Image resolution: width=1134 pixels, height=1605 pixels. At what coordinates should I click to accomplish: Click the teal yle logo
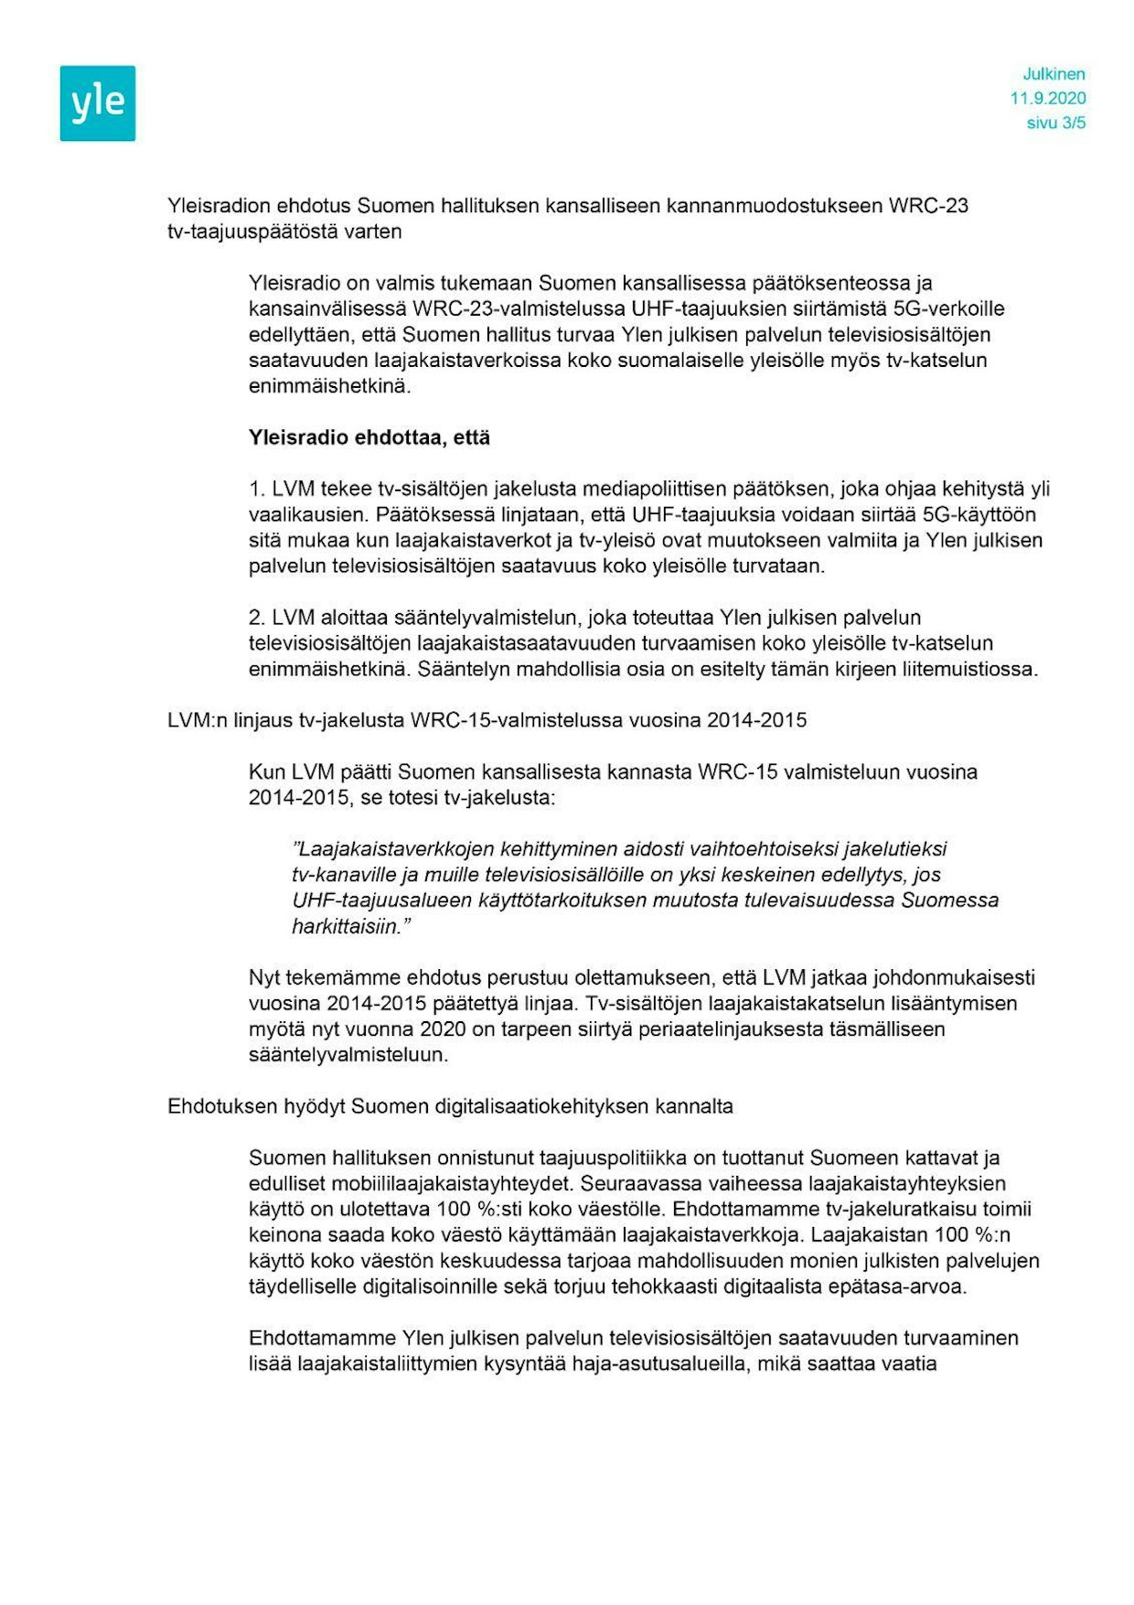coord(98,103)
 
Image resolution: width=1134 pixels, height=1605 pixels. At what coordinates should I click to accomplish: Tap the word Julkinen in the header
coord(1054,74)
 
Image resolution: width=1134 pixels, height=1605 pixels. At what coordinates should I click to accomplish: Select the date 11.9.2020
coord(1048,99)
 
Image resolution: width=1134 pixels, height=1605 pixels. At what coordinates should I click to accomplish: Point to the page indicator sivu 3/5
coord(1056,123)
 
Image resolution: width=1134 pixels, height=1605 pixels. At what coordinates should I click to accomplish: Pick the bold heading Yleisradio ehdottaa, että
coord(369,437)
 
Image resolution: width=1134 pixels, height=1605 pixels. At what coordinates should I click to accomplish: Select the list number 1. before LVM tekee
coord(256,489)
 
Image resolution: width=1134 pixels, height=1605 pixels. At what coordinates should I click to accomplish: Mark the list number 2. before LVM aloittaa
coord(257,618)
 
